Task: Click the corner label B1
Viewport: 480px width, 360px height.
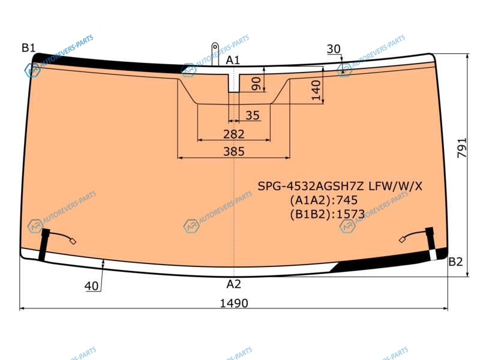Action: (28, 48)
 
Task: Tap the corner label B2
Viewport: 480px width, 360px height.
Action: (455, 262)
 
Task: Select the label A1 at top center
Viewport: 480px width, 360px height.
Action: (233, 61)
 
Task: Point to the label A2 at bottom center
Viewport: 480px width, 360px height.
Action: (233, 284)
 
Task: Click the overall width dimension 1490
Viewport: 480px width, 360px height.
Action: (234, 303)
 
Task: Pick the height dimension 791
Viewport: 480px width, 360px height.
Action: (462, 148)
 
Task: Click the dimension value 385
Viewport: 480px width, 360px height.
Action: (234, 151)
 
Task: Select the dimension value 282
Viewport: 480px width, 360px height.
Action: (234, 134)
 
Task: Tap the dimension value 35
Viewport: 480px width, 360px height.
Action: (253, 115)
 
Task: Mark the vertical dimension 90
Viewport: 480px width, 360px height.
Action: (256, 83)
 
